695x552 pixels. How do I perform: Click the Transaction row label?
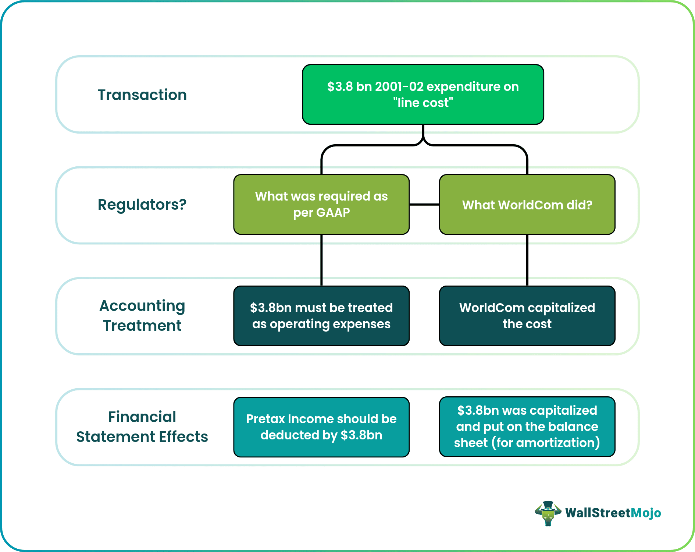[142, 95]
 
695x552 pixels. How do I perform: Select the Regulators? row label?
[142, 205]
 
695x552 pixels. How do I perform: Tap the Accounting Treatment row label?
[142, 316]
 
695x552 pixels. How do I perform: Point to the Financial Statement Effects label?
[142, 427]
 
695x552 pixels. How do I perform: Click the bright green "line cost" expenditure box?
[423, 95]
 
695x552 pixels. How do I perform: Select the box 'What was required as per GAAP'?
[321, 204]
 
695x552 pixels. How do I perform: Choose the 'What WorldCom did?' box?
[527, 205]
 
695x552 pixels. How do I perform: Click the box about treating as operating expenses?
[321, 316]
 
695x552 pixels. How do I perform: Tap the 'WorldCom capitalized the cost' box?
[527, 316]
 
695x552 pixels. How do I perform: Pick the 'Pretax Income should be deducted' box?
[321, 427]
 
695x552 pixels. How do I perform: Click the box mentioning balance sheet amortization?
[527, 427]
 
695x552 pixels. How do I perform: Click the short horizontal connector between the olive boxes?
[424, 204]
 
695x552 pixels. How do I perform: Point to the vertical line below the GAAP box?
[321, 260]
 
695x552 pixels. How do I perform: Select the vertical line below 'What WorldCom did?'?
[527, 260]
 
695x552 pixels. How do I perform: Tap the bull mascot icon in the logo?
[548, 513]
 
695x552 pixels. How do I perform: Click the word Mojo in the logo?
[646, 513]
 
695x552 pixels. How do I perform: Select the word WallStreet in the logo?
[598, 513]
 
